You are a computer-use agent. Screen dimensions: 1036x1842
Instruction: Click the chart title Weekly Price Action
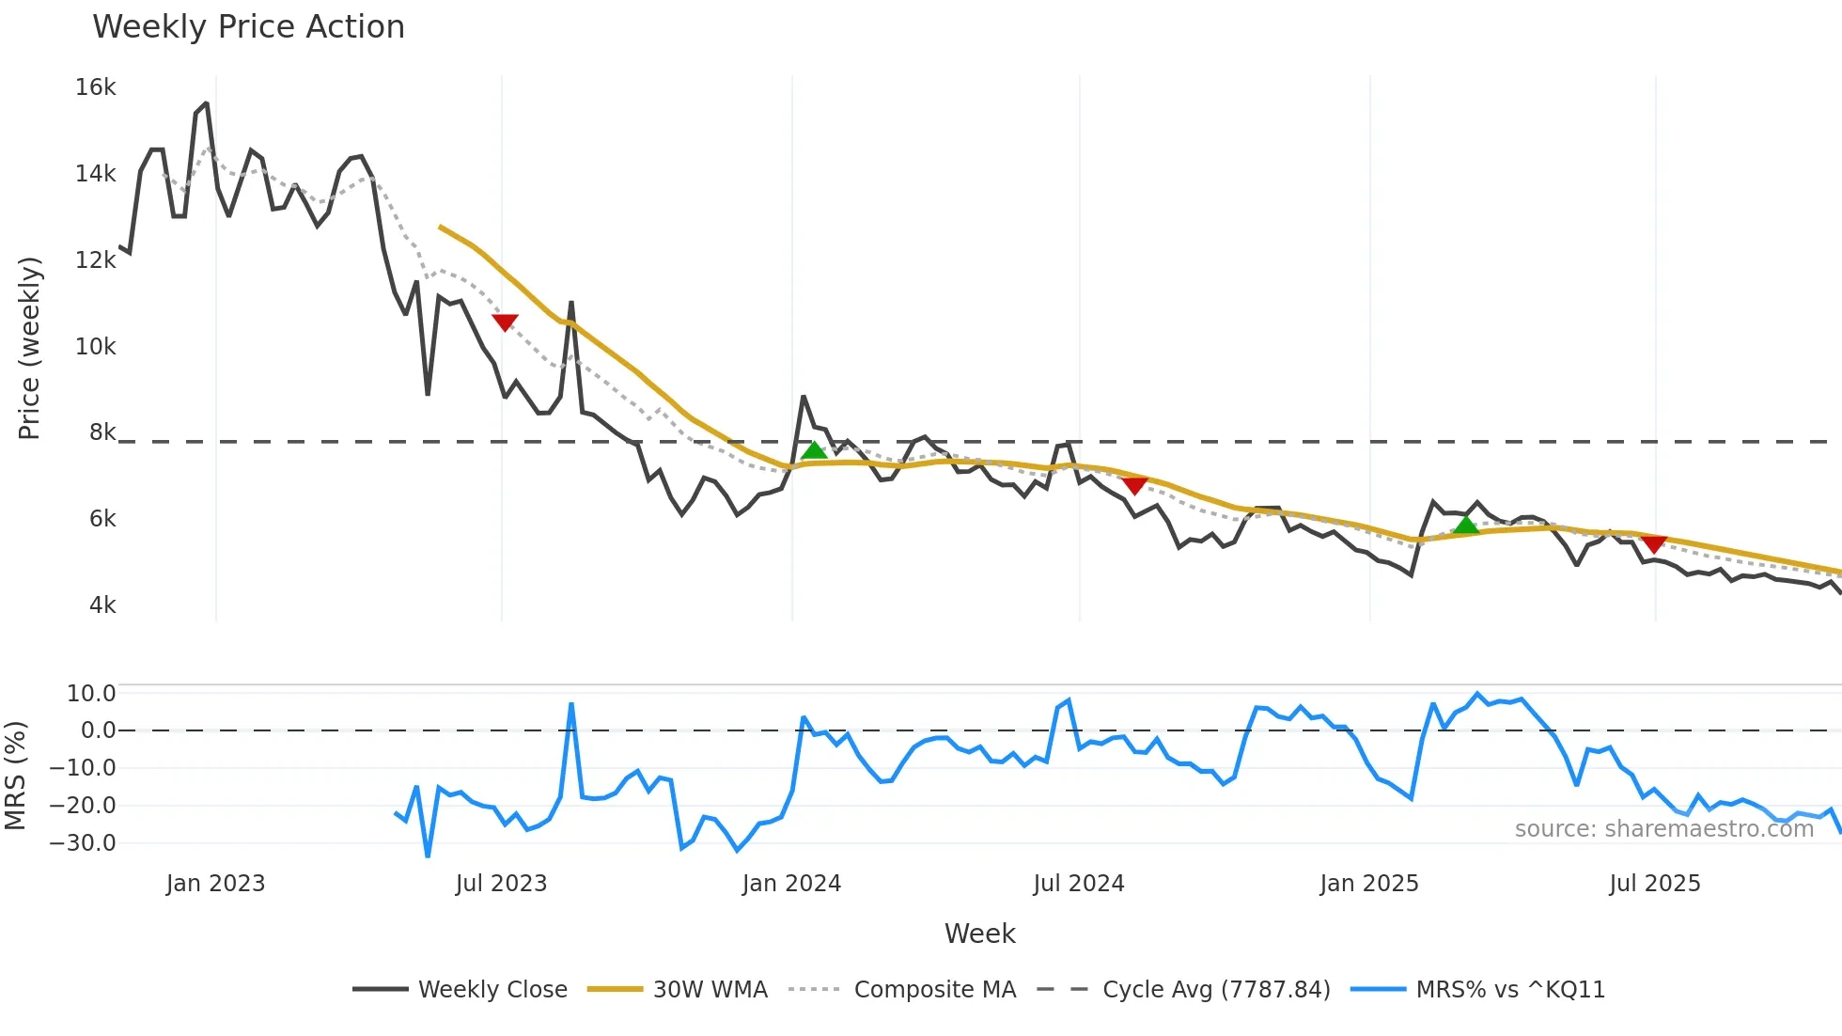pos(248,27)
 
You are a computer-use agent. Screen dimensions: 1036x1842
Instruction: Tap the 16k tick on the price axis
pos(95,87)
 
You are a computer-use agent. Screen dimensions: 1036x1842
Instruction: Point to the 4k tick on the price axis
pos(102,605)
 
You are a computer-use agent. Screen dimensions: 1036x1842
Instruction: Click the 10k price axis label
pos(95,347)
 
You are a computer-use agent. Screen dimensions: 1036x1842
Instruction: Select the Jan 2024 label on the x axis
pos(791,884)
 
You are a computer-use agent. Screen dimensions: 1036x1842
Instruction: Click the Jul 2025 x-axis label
pos(1654,884)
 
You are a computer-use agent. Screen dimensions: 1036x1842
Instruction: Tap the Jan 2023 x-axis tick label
pos(215,884)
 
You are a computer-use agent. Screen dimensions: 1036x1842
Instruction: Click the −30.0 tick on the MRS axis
pos(83,843)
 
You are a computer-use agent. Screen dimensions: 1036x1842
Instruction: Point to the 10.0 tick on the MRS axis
pos(91,694)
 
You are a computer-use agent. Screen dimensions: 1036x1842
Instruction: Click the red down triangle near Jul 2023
pos(505,322)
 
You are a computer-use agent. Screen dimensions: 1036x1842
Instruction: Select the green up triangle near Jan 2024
pos(814,451)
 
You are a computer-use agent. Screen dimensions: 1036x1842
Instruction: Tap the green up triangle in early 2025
pos(1466,525)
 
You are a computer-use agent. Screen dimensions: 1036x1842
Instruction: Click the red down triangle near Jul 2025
pos(1654,544)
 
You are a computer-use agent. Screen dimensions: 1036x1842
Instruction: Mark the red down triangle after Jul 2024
pos(1134,486)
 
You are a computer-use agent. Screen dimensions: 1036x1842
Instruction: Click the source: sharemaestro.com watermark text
pos(1663,829)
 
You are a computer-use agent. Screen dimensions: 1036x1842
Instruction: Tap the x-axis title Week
pos(979,934)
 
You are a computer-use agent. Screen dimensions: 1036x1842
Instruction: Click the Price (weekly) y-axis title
pos(29,348)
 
